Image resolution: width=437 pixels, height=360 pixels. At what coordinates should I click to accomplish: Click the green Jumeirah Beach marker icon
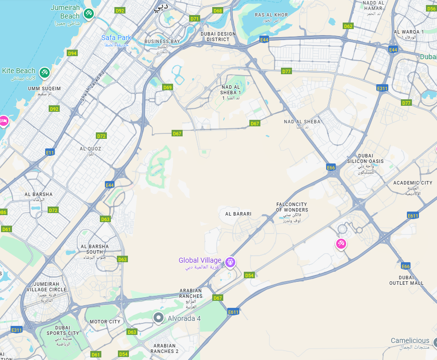click(88, 13)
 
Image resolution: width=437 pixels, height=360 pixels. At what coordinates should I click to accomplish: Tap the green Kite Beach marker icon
click(44, 73)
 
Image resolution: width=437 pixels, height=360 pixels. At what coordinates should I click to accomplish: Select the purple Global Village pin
click(230, 261)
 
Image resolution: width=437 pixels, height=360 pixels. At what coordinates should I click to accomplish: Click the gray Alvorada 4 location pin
click(159, 318)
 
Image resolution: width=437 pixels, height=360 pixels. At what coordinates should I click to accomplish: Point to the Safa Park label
click(116, 38)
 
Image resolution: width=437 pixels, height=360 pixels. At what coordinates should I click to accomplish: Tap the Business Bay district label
click(162, 42)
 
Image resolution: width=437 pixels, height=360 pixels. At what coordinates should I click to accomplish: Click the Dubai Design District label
click(218, 37)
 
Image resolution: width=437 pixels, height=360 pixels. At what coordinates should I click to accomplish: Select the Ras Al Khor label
click(271, 15)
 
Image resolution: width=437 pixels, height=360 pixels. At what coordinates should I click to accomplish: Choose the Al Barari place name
click(238, 214)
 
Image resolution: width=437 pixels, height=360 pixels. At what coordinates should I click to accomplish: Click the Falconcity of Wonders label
click(292, 207)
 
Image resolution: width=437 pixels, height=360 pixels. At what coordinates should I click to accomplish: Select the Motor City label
click(105, 322)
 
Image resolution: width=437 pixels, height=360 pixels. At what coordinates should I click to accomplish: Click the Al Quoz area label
click(90, 149)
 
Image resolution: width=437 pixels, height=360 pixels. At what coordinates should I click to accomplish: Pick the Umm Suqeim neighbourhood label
click(44, 89)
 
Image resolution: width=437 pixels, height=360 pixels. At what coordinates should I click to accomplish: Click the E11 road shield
click(49, 152)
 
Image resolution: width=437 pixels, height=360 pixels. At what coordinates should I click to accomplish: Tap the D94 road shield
click(72, 53)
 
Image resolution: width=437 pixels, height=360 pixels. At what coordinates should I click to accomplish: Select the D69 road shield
click(167, 87)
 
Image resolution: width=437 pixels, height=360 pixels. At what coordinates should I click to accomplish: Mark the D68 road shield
click(217, 11)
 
